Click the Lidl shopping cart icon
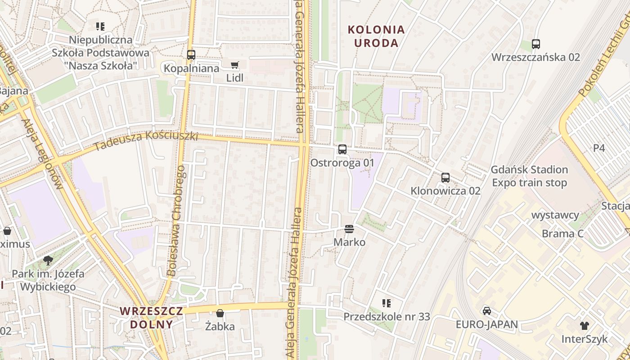coord(234,65)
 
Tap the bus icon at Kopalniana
coord(191,55)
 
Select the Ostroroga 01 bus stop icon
coord(342,149)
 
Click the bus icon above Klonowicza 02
coord(445,177)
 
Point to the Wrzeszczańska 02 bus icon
coord(535,44)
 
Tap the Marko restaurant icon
coord(349,229)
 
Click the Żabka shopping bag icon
coord(220,313)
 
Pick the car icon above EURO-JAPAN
coord(487,310)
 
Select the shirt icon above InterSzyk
coord(585,325)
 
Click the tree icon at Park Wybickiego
coord(48,260)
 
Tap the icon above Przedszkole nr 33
coord(387,303)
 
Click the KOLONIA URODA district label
coord(376,36)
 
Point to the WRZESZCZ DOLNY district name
coord(152,318)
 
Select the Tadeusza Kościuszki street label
coord(146,140)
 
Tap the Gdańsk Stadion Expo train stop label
coord(529,176)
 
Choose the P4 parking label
coord(599,148)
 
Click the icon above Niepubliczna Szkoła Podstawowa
coord(100,27)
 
